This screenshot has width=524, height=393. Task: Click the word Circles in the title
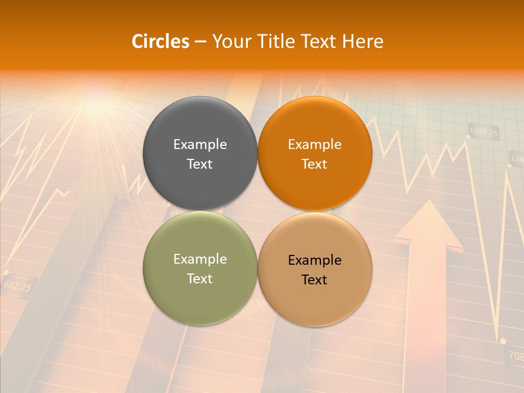tap(160, 41)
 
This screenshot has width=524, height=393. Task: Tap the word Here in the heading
tap(362, 41)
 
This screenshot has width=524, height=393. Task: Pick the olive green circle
tap(200, 295)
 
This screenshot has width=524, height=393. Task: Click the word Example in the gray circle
tap(200, 144)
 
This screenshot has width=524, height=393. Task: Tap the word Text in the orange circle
tap(314, 164)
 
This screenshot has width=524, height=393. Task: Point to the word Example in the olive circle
tap(200, 259)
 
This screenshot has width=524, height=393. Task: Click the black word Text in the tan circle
tap(314, 279)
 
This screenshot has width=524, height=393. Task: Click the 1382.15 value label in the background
tap(484, 132)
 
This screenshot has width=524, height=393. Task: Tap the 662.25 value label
tap(17, 285)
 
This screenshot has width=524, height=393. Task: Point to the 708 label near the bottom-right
tap(515, 355)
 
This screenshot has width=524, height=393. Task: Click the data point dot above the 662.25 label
tap(6, 271)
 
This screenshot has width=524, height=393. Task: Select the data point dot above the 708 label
tap(503, 341)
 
